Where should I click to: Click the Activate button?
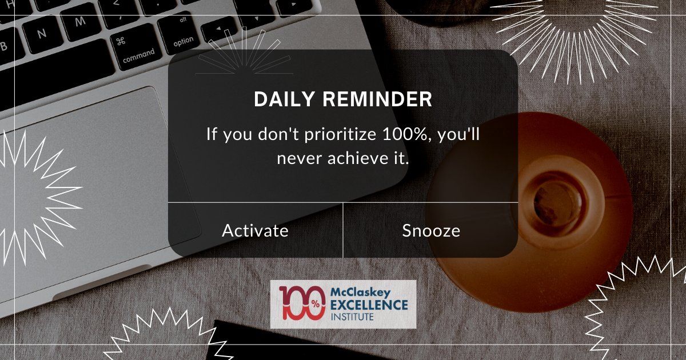(255, 230)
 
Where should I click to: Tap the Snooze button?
(431, 230)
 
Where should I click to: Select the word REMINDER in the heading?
(377, 99)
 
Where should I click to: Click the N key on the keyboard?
(41, 33)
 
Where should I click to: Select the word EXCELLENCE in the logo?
(369, 304)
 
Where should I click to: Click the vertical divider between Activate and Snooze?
(343, 230)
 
